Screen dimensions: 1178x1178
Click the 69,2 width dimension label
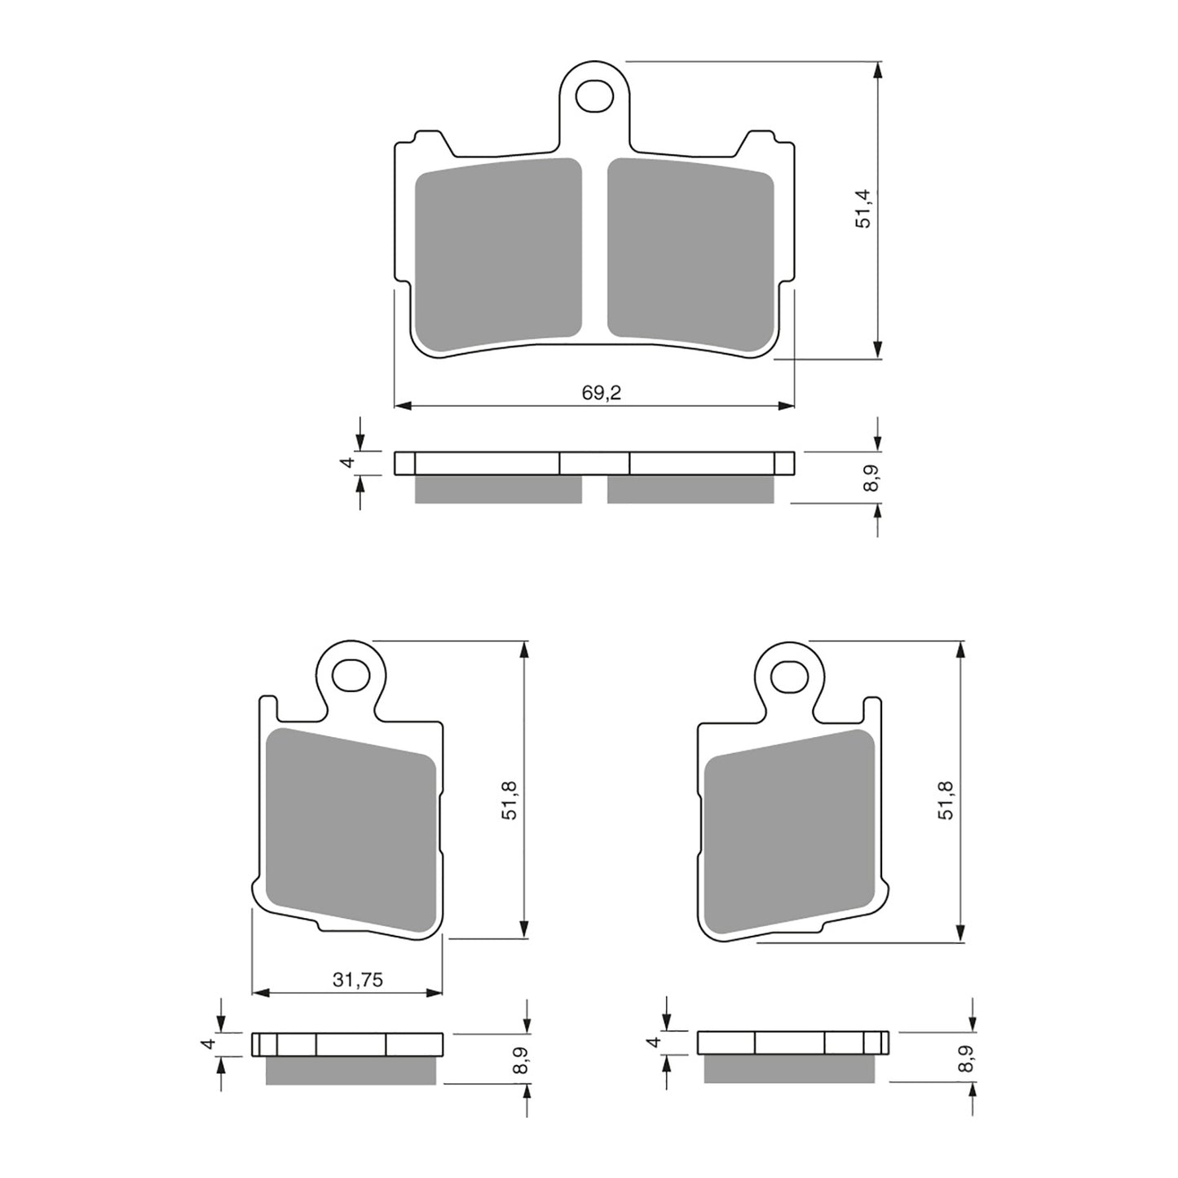point(602,393)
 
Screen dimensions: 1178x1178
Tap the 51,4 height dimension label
point(864,209)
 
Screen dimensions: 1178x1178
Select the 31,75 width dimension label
point(357,981)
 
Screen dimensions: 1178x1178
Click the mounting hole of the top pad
point(593,95)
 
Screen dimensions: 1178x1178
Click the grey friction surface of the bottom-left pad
point(352,830)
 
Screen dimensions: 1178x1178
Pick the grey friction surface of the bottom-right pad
point(788,830)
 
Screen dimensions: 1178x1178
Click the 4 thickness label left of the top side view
point(348,462)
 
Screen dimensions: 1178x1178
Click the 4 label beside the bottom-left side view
point(209,1043)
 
